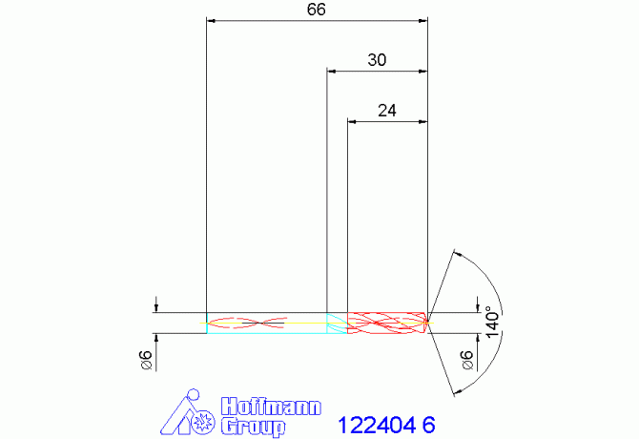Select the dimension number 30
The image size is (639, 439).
[x=377, y=60]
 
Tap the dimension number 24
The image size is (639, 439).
[x=386, y=111]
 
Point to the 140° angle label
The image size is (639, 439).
[x=491, y=319]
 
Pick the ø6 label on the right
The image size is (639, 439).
[x=467, y=360]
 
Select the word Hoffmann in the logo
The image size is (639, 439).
[x=271, y=406]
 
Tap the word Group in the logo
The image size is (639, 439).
[x=253, y=426]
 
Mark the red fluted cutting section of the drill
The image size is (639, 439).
[x=386, y=324]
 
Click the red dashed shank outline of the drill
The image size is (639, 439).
[x=248, y=323]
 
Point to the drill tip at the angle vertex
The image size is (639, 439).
[x=428, y=323]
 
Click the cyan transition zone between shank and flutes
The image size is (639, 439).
[x=337, y=324]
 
